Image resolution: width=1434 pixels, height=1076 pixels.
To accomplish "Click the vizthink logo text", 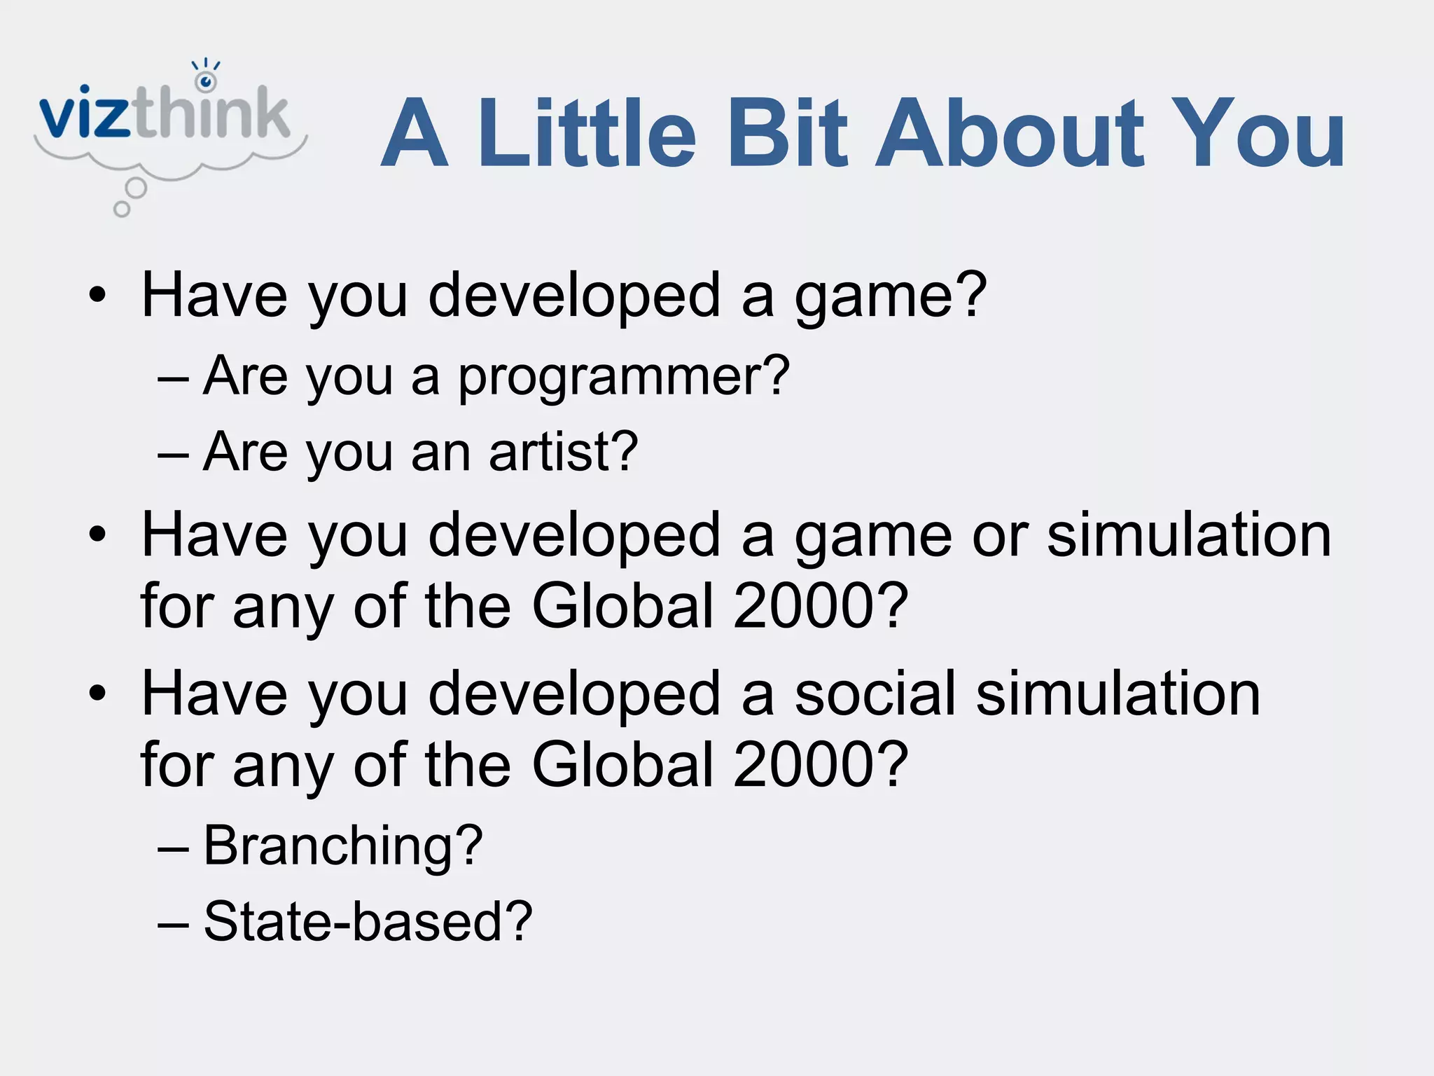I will click(x=165, y=113).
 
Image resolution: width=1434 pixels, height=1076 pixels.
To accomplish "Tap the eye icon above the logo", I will click(x=206, y=81).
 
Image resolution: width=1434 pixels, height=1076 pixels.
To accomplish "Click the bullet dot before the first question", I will click(x=97, y=295).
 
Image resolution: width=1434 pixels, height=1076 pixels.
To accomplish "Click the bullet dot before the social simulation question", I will click(x=97, y=694).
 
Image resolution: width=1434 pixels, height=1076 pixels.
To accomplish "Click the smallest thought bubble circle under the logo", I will click(x=122, y=209).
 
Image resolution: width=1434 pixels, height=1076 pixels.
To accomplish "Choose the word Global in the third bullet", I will click(x=622, y=764).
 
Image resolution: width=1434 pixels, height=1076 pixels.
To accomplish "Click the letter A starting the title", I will click(x=415, y=134).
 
